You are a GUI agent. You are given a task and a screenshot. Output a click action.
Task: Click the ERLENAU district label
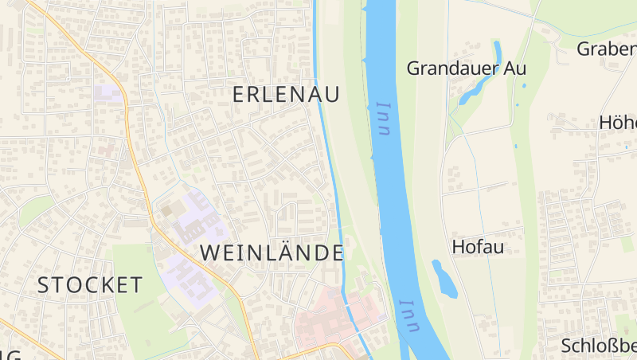286,94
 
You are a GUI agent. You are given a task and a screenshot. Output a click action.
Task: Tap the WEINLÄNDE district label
272,253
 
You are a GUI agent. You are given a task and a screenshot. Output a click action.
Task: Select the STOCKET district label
90,284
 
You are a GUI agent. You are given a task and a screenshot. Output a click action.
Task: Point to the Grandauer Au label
467,68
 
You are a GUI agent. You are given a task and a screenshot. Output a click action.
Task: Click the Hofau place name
478,246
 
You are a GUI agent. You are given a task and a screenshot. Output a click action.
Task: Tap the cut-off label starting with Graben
607,49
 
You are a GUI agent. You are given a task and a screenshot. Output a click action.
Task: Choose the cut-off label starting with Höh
618,123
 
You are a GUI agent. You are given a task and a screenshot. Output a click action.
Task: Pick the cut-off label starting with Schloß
599,346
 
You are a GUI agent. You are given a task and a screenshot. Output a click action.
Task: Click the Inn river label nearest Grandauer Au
385,119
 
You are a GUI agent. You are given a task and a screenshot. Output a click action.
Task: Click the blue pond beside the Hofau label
444,278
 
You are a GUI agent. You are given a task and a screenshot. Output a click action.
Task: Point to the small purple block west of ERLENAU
107,92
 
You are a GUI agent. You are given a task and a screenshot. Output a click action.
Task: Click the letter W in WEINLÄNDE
209,253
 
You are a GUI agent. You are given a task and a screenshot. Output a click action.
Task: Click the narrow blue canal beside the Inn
328,159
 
